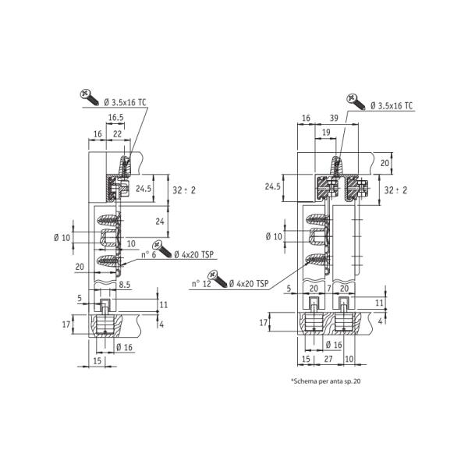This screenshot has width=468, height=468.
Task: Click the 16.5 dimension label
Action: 115,118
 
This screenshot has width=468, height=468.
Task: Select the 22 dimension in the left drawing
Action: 118,134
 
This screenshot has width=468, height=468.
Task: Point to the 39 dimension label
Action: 334,119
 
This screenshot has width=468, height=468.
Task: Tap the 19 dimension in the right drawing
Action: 327,133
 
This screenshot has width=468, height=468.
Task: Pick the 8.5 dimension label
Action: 125,285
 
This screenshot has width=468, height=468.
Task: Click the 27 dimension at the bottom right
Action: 328,359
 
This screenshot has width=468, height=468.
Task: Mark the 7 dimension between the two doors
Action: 329,289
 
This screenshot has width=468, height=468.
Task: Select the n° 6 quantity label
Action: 149,255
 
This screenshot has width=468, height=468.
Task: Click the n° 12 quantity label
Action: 201,284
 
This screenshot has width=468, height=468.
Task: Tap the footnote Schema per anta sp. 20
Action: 325,381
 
